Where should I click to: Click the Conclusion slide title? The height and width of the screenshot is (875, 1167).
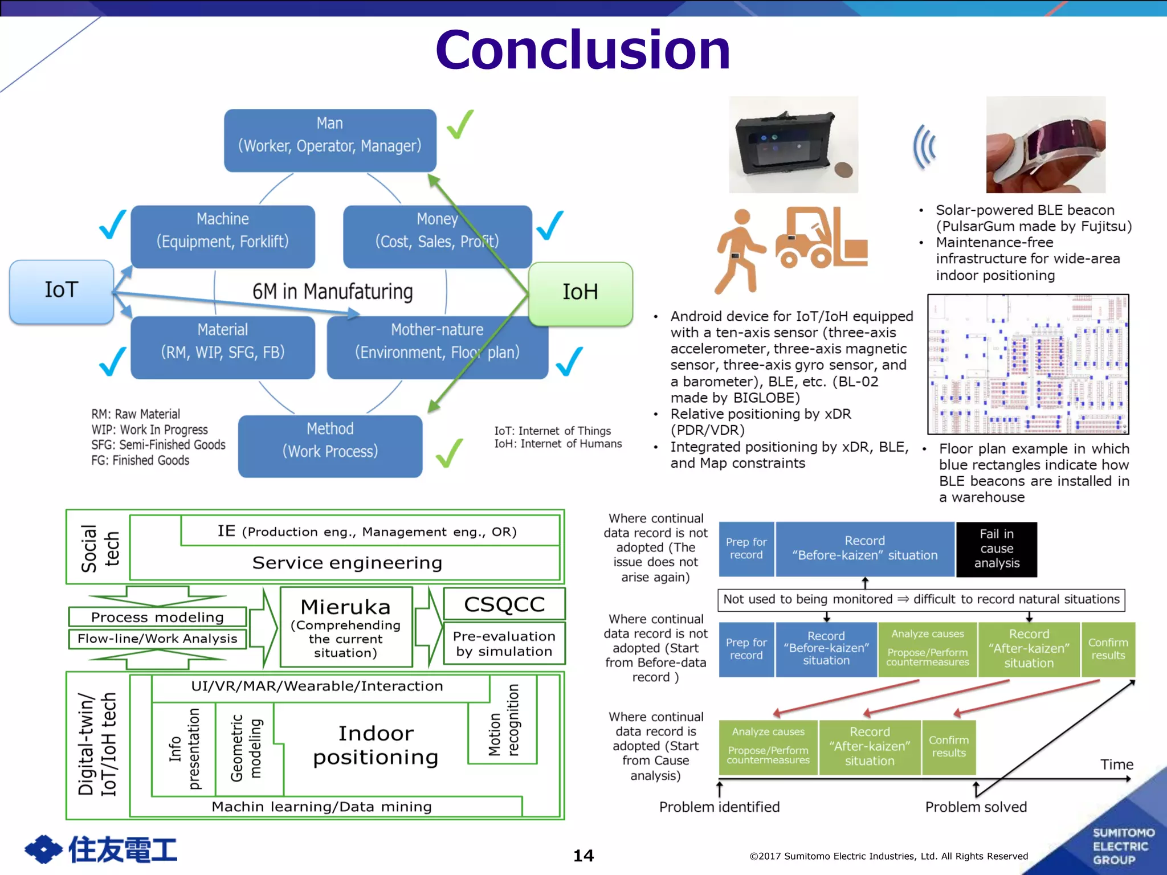click(x=582, y=50)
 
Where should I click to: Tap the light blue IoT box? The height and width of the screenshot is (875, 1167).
click(x=62, y=291)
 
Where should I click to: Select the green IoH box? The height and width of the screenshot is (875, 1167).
click(x=580, y=293)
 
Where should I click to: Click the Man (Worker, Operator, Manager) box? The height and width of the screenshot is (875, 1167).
click(x=330, y=140)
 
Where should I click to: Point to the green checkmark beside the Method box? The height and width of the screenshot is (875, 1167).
click(x=449, y=453)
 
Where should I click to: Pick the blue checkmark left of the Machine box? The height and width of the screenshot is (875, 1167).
click(x=112, y=224)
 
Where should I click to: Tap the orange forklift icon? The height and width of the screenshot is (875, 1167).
click(x=821, y=238)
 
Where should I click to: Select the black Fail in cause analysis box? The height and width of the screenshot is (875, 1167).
click(x=996, y=549)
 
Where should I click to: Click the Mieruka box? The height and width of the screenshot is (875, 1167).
click(x=346, y=627)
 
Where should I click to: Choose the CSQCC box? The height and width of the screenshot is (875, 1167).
click(x=504, y=604)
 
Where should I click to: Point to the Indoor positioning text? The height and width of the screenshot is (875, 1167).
click(x=376, y=745)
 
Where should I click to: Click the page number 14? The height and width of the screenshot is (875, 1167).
click(x=583, y=855)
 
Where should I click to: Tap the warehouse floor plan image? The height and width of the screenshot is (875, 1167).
click(x=1028, y=365)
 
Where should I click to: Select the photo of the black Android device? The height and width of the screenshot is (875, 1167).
click(x=793, y=145)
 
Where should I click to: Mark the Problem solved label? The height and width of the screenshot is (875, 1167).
click(x=976, y=807)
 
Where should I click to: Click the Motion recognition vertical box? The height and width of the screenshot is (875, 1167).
click(x=503, y=721)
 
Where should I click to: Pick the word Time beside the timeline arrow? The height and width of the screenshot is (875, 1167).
click(x=1116, y=764)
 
